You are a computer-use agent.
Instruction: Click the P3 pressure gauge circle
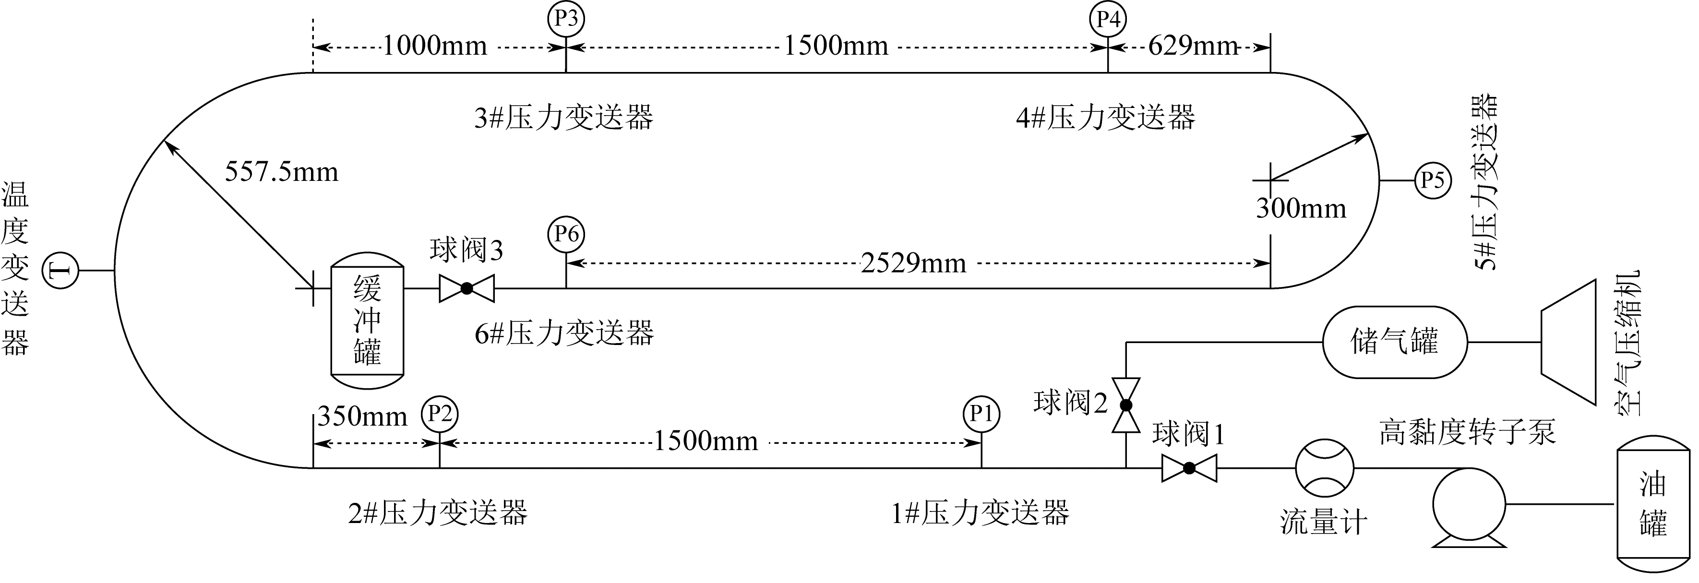pyautogui.click(x=566, y=18)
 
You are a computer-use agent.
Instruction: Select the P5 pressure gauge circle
pyautogui.click(x=1433, y=180)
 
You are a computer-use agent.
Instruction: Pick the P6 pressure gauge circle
pyautogui.click(x=566, y=234)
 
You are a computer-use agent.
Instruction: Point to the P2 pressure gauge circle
pyautogui.click(x=439, y=414)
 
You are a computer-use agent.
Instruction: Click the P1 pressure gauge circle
pyautogui.click(x=981, y=414)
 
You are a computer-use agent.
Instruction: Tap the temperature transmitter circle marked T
pyautogui.click(x=60, y=271)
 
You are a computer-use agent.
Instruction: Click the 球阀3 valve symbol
pyautogui.click(x=467, y=288)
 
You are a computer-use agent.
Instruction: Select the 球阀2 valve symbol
pyautogui.click(x=1126, y=405)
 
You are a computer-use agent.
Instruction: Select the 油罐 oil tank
pyautogui.click(x=1653, y=504)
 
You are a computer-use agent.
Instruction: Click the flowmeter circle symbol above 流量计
pyautogui.click(x=1324, y=468)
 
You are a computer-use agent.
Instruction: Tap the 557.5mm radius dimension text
pyautogui.click(x=282, y=172)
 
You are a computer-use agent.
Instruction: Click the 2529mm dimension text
pyautogui.click(x=913, y=264)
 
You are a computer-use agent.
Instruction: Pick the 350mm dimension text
pyautogui.click(x=362, y=416)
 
